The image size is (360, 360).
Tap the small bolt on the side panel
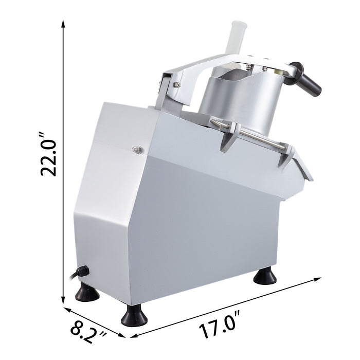[x=137, y=149]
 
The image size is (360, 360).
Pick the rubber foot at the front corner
[x=134, y=316]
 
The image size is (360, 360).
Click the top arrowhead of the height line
[x=63, y=23]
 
